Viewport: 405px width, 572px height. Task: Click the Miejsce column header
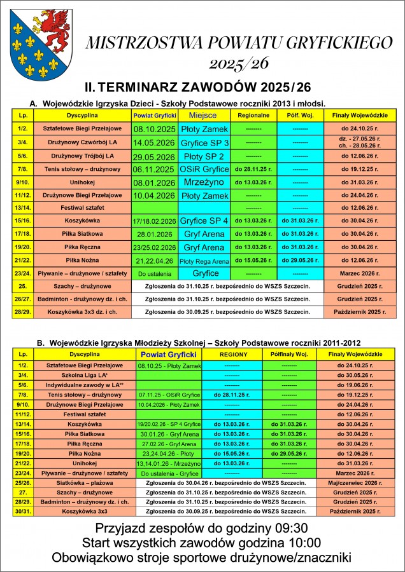pyautogui.click(x=203, y=115)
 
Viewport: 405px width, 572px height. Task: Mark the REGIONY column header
pyautogui.click(x=232, y=353)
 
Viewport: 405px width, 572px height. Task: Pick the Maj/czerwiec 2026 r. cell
pyautogui.click(x=354, y=482)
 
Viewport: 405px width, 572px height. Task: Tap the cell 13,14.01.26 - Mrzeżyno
pyautogui.click(x=169, y=464)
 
